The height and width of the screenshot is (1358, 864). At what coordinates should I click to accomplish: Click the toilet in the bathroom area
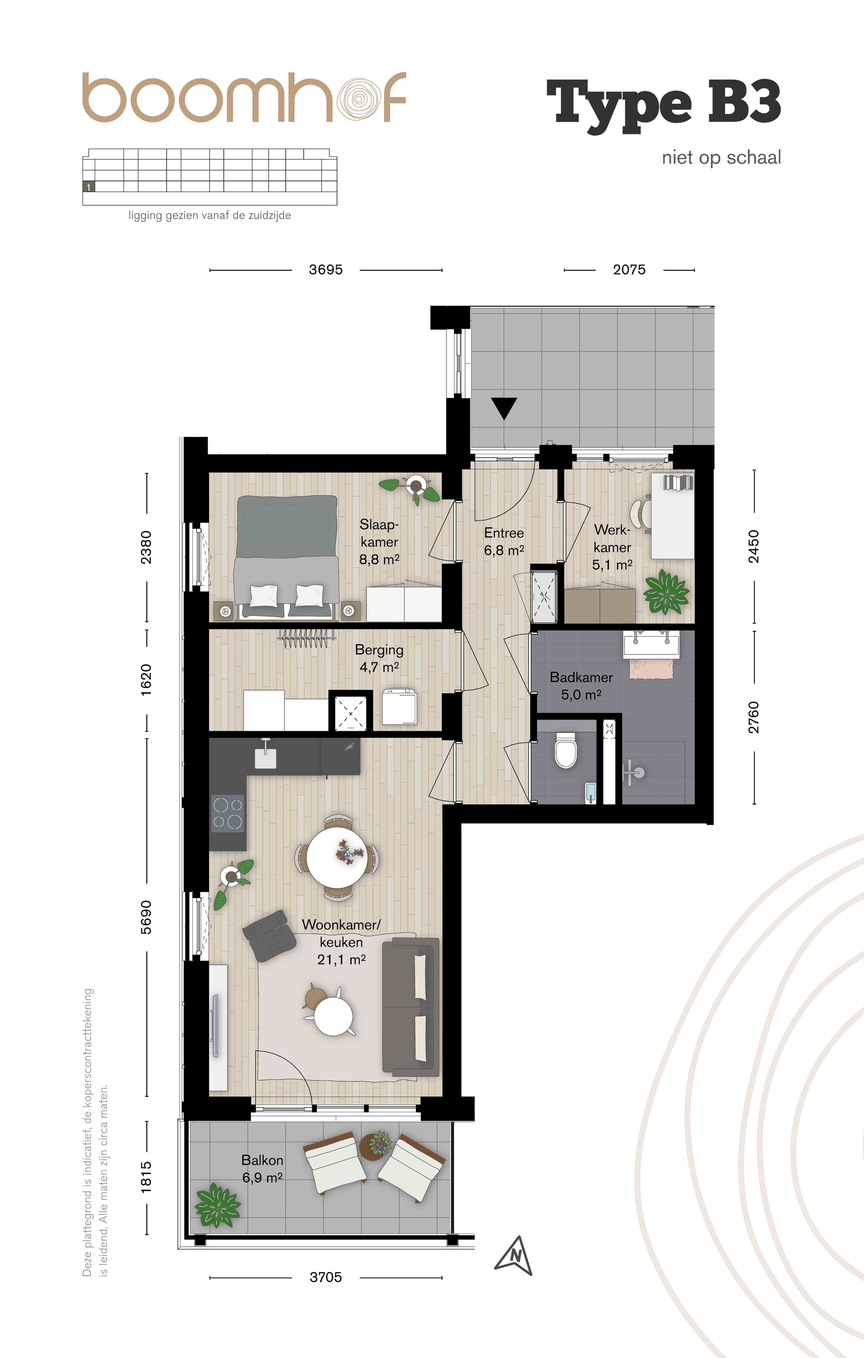point(565,750)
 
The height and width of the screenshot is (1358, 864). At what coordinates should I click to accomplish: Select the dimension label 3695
point(326,270)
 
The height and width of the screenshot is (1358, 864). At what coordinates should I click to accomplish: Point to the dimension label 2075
point(629,270)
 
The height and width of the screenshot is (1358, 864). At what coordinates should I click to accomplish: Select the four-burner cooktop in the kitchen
point(228,813)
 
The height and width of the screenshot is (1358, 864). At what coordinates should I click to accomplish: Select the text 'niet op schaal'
point(722,157)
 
